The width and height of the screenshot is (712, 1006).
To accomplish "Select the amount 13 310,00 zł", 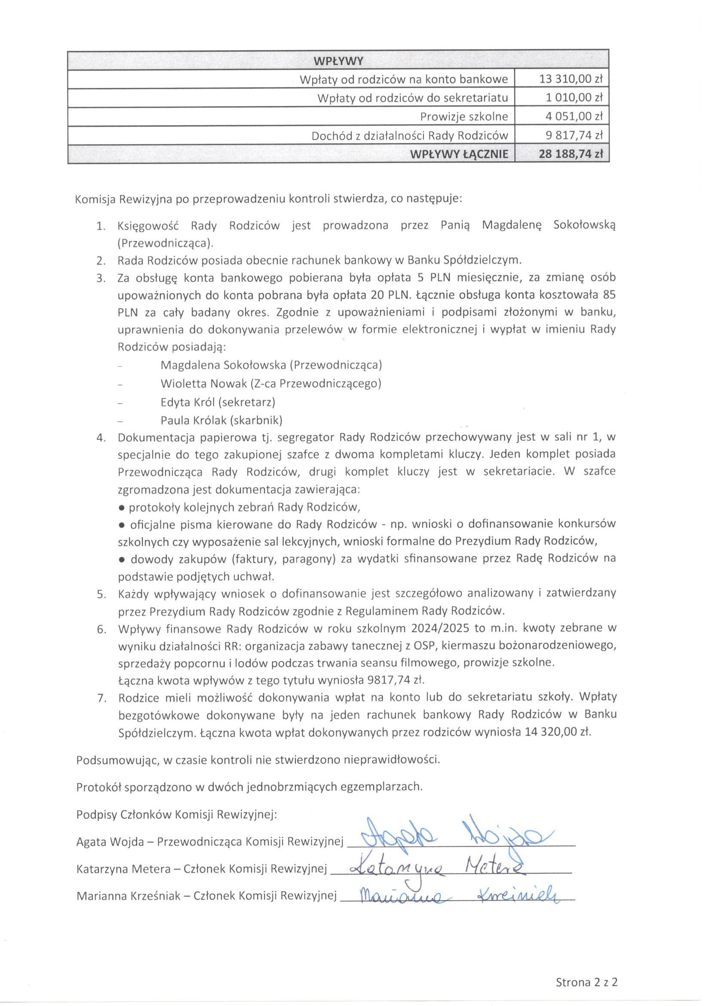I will click(571, 80).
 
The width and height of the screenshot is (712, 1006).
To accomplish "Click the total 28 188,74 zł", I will click(571, 154).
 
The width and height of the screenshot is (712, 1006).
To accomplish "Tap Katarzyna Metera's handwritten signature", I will click(439, 866).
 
